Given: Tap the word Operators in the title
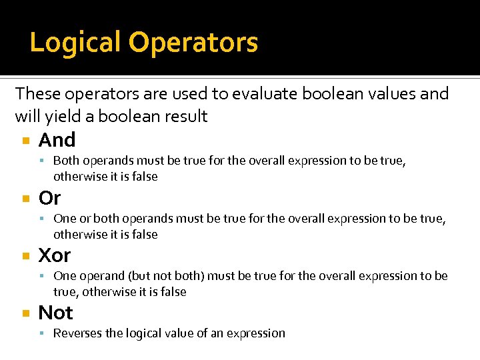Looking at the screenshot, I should pos(193,43).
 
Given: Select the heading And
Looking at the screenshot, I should pos(57,140).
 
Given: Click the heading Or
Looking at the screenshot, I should pos(50,198).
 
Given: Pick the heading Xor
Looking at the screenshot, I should pos(55,255).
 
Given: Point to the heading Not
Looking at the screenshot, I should pos(56,313).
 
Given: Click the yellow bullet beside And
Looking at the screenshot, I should pos(25,141).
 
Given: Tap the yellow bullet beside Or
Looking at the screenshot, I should pos(25,199).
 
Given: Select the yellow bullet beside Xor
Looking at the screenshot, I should pos(25,256).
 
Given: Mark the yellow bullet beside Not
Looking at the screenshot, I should pos(25,313).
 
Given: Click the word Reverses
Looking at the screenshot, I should pos(78,333).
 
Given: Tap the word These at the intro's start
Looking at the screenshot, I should pos(37,94).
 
